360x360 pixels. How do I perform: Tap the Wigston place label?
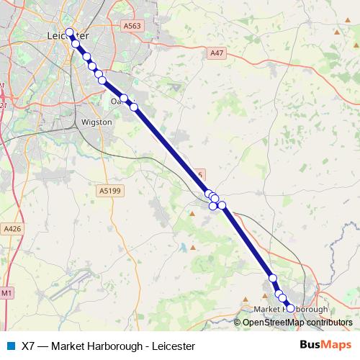point(97,122)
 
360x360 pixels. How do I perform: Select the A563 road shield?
point(131,25)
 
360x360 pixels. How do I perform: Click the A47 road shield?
point(217,53)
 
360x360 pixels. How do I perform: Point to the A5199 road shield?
point(109,190)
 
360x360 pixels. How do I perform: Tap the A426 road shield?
point(12,228)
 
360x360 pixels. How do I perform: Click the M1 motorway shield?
point(6,293)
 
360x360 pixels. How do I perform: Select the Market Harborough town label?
point(292,310)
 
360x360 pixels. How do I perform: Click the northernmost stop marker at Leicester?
point(70,32)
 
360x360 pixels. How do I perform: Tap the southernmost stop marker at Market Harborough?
point(290,307)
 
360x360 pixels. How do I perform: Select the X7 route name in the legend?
point(28,346)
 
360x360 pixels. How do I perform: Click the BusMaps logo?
point(324,345)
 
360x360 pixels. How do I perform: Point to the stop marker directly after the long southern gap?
point(273,278)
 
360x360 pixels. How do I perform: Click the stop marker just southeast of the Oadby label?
point(134,107)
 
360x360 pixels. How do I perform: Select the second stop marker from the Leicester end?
point(76,44)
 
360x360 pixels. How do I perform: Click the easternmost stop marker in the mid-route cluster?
point(222,206)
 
